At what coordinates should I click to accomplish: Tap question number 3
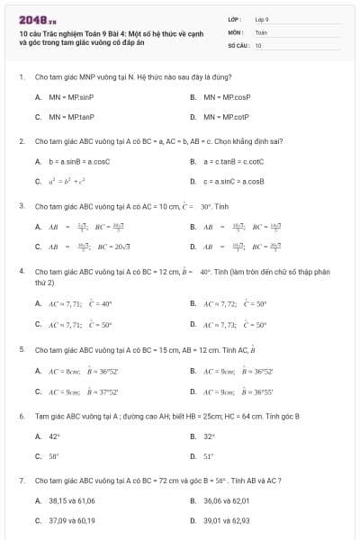click(21, 205)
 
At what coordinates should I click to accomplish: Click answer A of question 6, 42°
click(53, 436)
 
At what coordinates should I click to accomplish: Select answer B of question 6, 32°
click(208, 436)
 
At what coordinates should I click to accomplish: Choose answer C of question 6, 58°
click(53, 456)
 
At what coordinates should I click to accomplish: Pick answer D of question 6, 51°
click(208, 456)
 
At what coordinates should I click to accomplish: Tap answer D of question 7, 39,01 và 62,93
click(226, 520)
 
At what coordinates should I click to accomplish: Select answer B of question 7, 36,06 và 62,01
click(226, 500)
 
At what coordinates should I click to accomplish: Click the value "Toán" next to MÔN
click(261, 31)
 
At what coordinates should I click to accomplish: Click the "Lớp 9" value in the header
click(262, 18)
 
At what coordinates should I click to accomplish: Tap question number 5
click(21, 347)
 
